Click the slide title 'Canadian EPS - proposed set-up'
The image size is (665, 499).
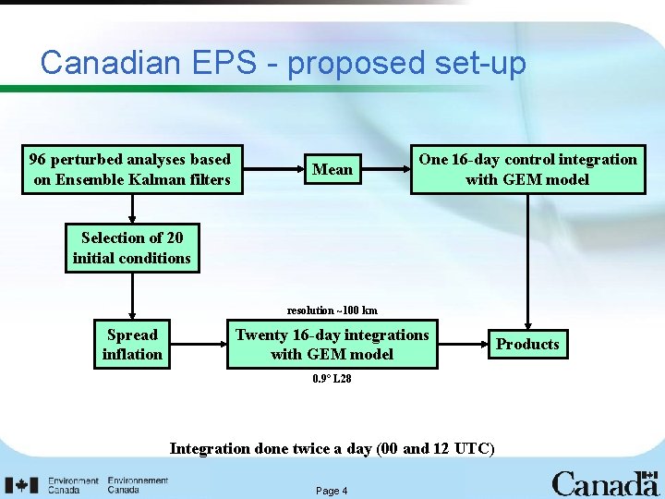coord(283,63)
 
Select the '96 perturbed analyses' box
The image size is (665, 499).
coord(131,169)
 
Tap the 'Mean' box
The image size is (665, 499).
coord(332,169)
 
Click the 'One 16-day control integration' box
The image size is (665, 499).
coord(527,169)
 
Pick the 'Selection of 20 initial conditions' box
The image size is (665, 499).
coord(132,248)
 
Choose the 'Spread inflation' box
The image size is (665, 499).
coord(132,345)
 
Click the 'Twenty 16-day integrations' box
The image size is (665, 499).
coord(332,345)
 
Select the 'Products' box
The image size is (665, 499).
coord(527,345)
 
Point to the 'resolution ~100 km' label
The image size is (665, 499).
coord(332,310)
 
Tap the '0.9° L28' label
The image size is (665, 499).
coord(332,379)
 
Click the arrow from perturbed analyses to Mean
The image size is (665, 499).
coord(273,169)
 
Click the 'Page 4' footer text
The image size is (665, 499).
coord(332,491)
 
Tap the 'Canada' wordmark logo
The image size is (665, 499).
coord(605,482)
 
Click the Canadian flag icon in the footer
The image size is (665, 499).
coord(22,485)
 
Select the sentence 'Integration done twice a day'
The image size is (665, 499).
coord(332,449)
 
